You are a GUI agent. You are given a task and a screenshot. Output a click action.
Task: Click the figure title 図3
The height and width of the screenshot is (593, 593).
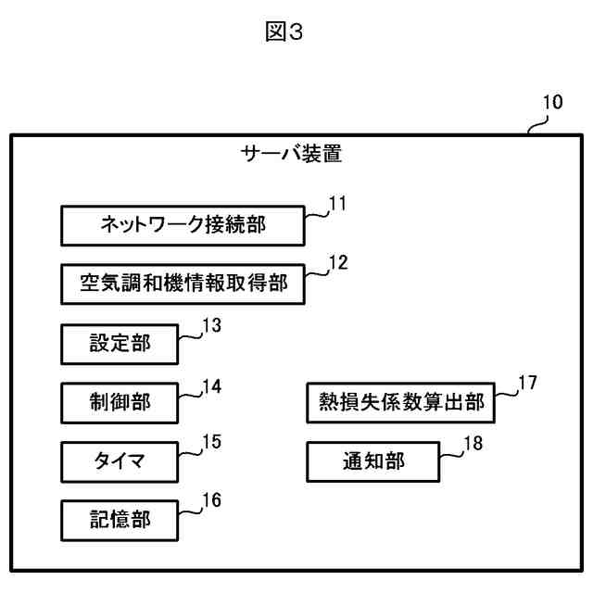click(284, 32)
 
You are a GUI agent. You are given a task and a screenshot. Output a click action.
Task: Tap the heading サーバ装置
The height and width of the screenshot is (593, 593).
click(291, 154)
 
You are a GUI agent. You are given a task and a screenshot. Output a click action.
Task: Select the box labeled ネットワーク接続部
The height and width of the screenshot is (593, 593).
click(183, 226)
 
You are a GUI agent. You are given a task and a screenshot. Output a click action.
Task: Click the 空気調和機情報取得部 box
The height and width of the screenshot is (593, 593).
click(183, 284)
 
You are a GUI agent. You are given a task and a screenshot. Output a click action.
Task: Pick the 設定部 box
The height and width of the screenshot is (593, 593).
click(120, 344)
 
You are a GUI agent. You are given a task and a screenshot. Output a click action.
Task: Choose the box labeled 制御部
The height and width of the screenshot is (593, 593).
click(120, 403)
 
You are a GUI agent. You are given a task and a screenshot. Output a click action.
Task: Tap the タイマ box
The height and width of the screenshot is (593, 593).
click(120, 461)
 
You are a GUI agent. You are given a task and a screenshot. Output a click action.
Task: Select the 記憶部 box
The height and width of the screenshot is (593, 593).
click(120, 521)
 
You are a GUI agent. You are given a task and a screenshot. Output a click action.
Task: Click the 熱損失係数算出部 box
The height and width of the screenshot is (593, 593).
click(401, 402)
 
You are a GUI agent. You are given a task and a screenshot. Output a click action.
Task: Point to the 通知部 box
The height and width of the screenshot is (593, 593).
click(373, 461)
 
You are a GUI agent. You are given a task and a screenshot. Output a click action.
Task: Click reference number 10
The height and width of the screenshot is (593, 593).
click(553, 102)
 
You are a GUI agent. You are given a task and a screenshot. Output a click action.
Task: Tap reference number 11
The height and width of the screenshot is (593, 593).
click(337, 204)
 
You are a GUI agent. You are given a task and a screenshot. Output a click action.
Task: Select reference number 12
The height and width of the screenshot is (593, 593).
click(338, 262)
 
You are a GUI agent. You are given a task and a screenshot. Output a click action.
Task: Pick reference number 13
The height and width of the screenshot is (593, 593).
click(212, 325)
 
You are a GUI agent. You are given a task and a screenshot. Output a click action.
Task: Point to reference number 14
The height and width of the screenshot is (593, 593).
click(212, 386)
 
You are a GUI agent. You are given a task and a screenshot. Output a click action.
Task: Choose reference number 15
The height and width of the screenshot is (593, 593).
click(212, 442)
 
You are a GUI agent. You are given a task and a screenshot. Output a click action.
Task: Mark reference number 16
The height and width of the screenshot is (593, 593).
click(212, 500)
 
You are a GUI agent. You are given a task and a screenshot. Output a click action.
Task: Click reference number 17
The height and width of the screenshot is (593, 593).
click(527, 383)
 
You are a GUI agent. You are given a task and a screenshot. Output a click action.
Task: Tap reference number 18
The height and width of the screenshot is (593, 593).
click(473, 443)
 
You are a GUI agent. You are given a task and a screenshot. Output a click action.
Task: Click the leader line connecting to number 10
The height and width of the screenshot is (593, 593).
click(537, 124)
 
